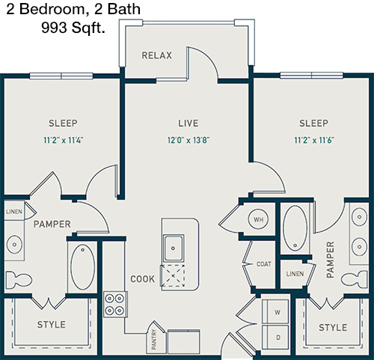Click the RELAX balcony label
pyautogui.click(x=157, y=55)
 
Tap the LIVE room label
pyautogui.click(x=188, y=123)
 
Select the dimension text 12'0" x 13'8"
pyautogui.click(x=188, y=140)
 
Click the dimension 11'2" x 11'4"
pyautogui.click(x=63, y=140)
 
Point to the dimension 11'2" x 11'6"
pyautogui.click(x=314, y=140)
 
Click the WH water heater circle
pyautogui.click(x=259, y=219)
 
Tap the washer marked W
pyautogui.click(x=275, y=311)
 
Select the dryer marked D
pyautogui.click(x=275, y=337)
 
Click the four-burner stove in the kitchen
pyautogui.click(x=115, y=304)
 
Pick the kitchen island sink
pyautogui.click(x=174, y=248)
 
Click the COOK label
pyautogui.click(x=142, y=279)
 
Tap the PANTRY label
pyautogui.click(x=154, y=339)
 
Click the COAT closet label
pyautogui.click(x=264, y=264)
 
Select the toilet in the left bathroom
pyautogui.click(x=19, y=279)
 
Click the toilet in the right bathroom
pyautogui.click(x=355, y=279)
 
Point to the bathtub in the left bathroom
pyautogui.click(x=82, y=267)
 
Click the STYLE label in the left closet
pyautogui.click(x=52, y=325)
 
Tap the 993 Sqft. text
pyautogui.click(x=73, y=28)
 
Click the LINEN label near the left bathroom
pyautogui.click(x=14, y=212)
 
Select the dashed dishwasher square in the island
pyautogui.click(x=173, y=276)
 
